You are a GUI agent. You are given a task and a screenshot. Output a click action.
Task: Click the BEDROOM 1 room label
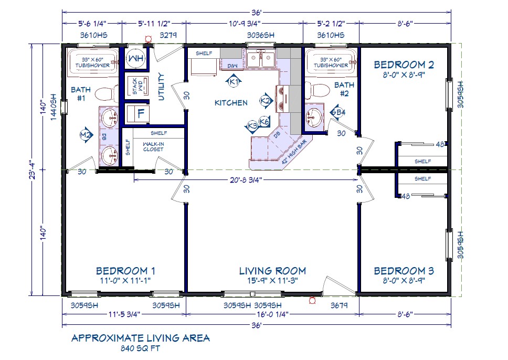[125, 271]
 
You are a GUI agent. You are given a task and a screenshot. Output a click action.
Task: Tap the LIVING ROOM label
[272, 271]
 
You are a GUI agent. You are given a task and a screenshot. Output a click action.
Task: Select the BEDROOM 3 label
[404, 271]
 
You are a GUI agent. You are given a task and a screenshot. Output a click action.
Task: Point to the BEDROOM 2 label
[404, 65]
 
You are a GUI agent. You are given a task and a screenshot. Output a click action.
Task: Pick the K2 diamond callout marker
[266, 100]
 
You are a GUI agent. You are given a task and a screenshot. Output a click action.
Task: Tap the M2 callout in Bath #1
[86, 135]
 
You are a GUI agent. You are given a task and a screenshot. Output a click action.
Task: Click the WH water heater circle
[136, 57]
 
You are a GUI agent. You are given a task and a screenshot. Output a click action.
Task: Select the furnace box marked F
[140, 113]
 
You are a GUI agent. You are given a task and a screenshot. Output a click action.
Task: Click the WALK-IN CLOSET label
[153, 146]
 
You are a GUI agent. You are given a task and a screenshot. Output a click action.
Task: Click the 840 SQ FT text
[141, 347]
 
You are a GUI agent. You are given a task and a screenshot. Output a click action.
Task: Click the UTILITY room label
[161, 87]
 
